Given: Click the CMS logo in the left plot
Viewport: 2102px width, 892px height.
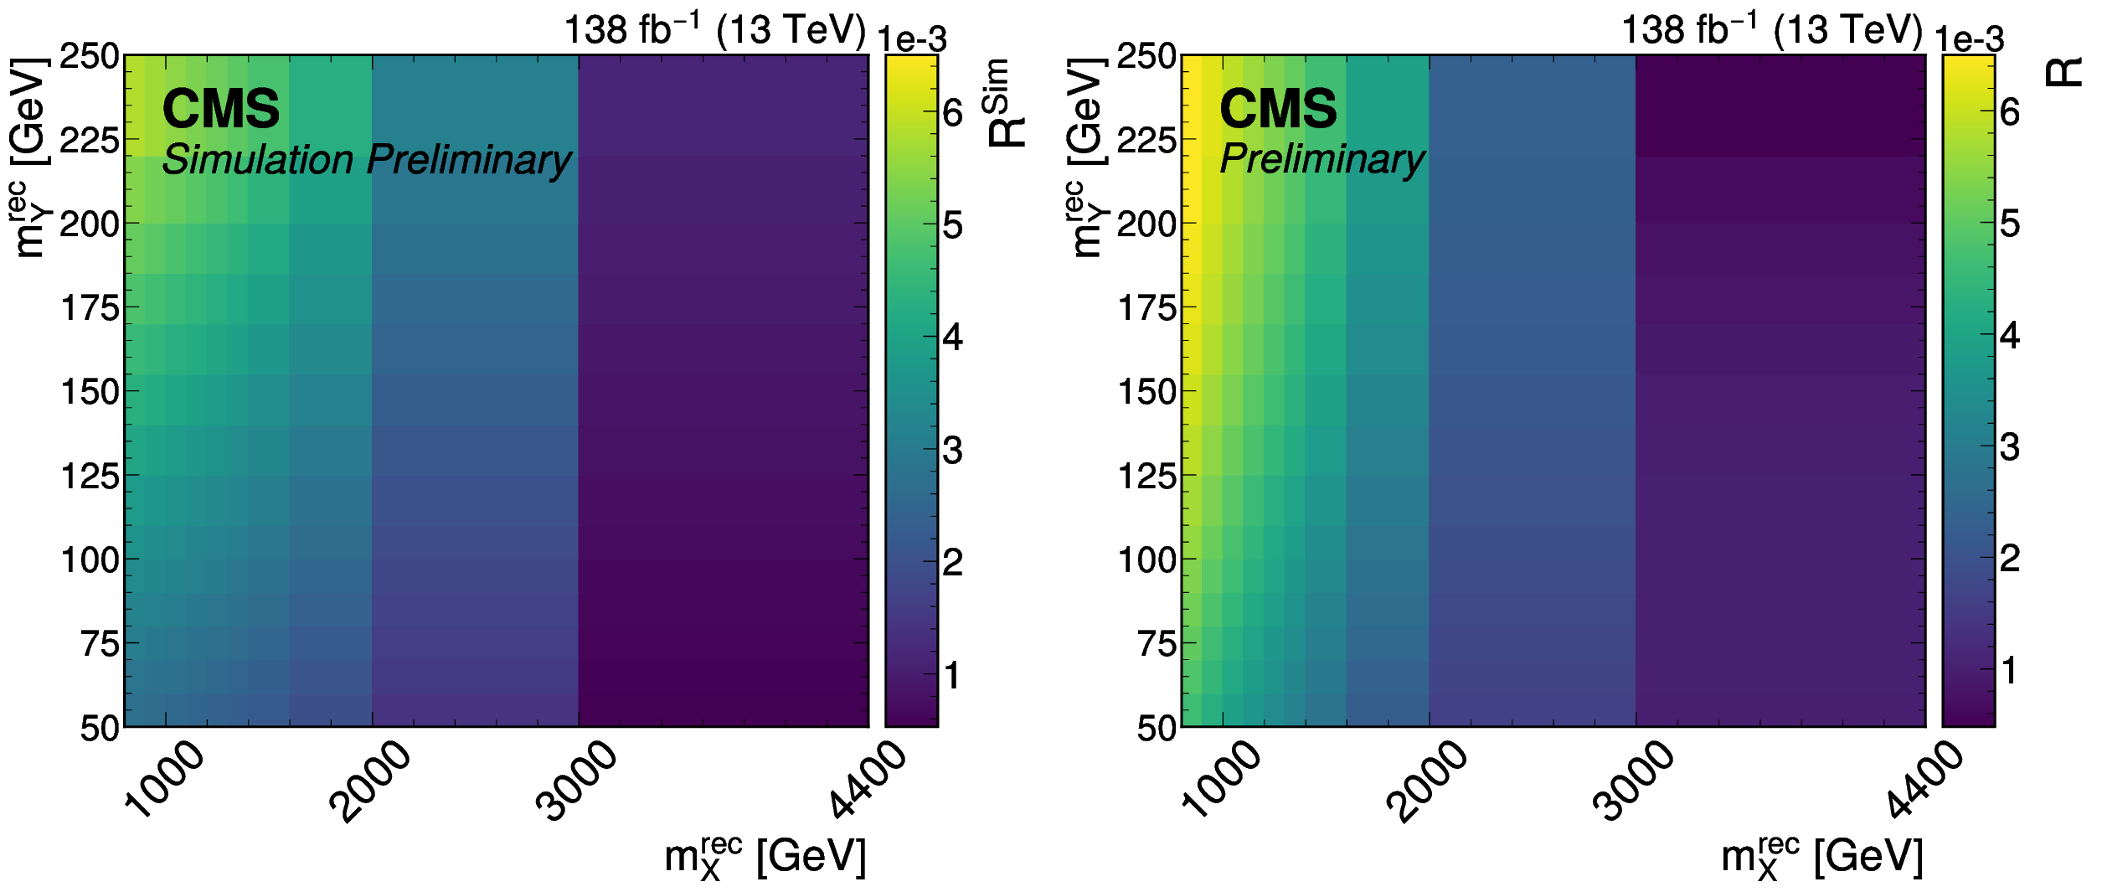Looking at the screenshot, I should [220, 109].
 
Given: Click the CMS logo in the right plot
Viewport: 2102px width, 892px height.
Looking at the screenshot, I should [1278, 109].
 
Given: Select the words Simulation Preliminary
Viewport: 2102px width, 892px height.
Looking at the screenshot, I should [366, 159].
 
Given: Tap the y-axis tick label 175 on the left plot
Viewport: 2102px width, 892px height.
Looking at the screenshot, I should [90, 308].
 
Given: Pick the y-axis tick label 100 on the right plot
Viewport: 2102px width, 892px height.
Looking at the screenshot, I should [1146, 559].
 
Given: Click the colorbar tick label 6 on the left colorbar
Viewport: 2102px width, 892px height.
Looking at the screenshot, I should [953, 113].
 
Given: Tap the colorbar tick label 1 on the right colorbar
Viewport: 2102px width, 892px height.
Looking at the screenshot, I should [2010, 671].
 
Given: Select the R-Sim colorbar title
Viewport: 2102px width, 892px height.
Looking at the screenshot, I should [1006, 103].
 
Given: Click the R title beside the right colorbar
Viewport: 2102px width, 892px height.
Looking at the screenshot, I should [2063, 73].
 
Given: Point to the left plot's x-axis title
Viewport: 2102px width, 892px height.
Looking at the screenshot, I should [765, 858].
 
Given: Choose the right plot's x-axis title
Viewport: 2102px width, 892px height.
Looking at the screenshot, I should [1822, 858].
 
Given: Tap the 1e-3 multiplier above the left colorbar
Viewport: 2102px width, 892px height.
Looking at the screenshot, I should [912, 39].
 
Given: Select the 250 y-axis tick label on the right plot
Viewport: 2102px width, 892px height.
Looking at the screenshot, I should [1146, 56].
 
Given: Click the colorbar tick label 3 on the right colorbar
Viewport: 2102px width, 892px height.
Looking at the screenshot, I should [2010, 447].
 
